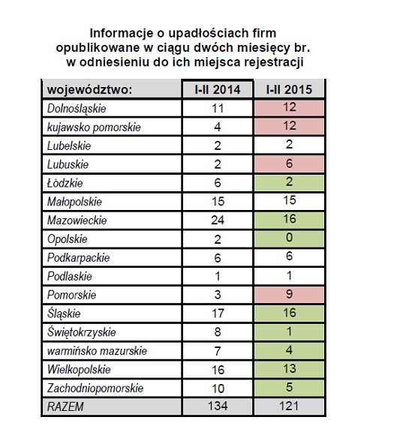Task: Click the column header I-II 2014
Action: click(217, 89)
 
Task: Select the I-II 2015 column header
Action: click(289, 89)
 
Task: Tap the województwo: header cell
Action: click(112, 89)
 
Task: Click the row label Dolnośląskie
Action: click(77, 109)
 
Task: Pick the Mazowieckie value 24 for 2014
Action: click(218, 220)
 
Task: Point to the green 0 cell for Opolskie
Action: click(289, 238)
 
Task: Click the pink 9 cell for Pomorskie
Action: click(289, 295)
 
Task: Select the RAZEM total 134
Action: click(218, 406)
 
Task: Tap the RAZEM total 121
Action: click(289, 406)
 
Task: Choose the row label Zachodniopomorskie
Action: click(95, 388)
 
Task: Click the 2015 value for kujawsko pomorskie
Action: click(289, 126)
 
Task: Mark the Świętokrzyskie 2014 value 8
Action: click(218, 331)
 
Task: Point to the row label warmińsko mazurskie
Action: click(97, 351)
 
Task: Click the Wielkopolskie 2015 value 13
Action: click(289, 369)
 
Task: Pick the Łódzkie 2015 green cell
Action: click(289, 182)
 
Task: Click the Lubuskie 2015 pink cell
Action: click(289, 163)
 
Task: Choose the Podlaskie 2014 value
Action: click(218, 276)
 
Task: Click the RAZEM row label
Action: click(65, 406)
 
